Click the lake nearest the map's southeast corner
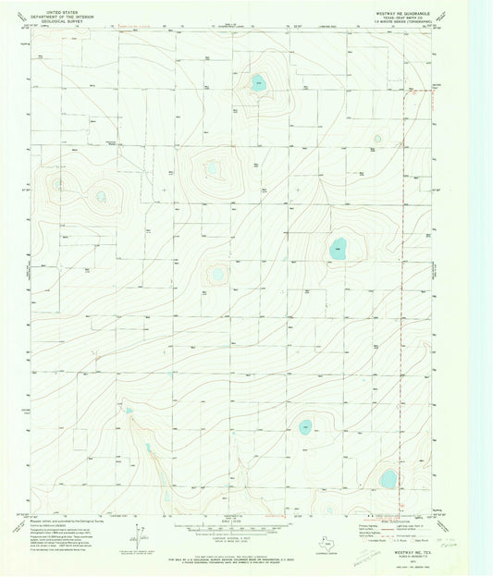(x=388, y=477)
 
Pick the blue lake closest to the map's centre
(x=218, y=274)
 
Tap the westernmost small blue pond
(x=100, y=196)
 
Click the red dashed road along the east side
(x=404, y=277)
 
